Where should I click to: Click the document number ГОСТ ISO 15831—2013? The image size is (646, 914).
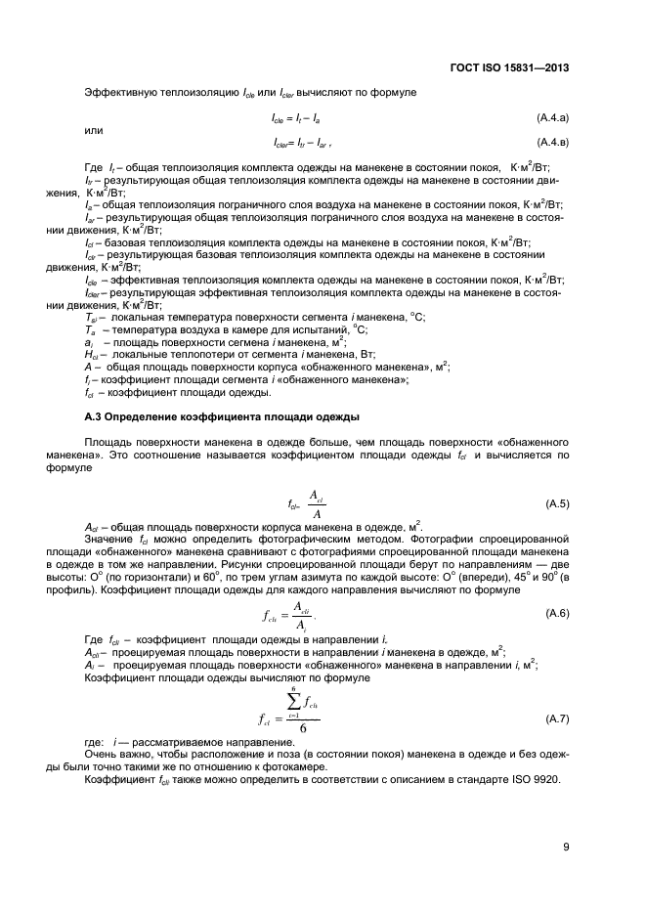[x=510, y=68]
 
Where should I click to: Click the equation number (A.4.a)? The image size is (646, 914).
[x=552, y=117]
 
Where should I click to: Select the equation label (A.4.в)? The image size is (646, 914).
[x=552, y=141]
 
